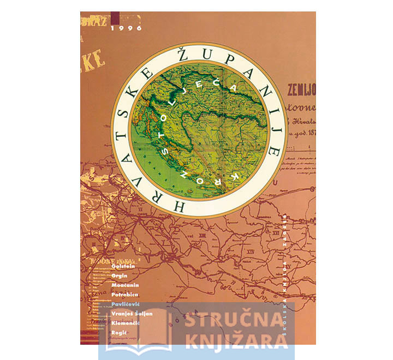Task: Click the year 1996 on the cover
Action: click(x=126, y=28)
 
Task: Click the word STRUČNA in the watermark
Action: click(x=235, y=321)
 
